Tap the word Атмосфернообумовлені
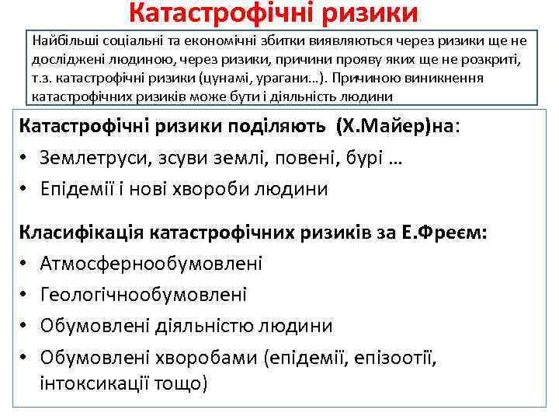tap(151, 264)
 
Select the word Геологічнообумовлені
tap(144, 295)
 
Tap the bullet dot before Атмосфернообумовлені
tap(26, 264)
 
